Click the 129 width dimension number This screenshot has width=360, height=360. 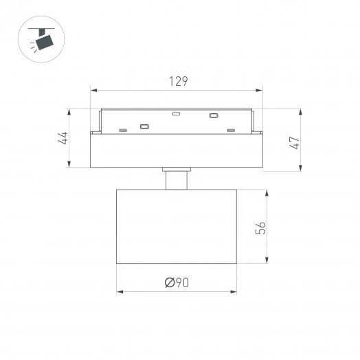tap(179, 81)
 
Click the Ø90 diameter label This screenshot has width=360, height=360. tap(177, 282)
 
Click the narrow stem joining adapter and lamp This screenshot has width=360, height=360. tap(177, 180)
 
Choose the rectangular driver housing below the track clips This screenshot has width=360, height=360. tap(177, 150)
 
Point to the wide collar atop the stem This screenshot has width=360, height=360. tap(177, 168)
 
